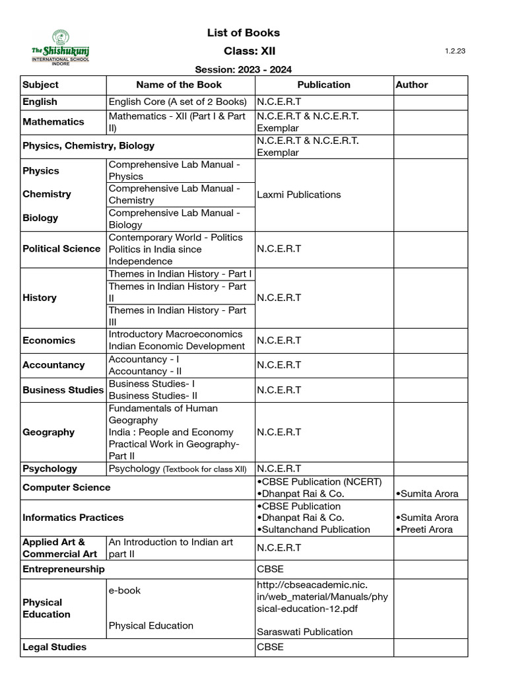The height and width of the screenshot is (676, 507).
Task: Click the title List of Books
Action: tap(244, 32)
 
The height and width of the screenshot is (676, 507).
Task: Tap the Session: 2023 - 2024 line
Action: tap(243, 69)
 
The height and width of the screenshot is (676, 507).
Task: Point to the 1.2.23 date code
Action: tap(456, 51)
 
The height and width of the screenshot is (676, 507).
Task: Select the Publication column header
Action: tap(323, 84)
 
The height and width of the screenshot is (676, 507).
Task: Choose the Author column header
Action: tap(412, 84)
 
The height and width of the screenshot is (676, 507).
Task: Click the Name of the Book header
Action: tap(179, 84)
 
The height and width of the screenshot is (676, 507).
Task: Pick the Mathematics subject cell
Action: tap(53, 121)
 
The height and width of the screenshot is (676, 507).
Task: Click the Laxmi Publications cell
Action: tap(299, 195)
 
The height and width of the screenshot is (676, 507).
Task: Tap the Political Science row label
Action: tap(61, 249)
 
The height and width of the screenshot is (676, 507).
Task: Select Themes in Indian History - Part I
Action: tap(180, 274)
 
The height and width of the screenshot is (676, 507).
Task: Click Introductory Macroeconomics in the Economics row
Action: tap(176, 334)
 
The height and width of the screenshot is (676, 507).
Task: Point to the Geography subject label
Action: tap(49, 432)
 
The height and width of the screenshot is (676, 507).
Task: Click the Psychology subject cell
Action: tap(50, 469)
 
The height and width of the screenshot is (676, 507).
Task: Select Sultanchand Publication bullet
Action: tap(314, 529)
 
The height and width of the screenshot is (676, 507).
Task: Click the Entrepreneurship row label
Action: tap(63, 569)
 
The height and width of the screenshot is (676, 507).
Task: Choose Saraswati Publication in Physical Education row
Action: tap(305, 632)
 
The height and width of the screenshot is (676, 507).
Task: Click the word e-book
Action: tap(125, 590)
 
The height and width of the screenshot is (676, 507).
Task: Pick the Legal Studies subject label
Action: tap(55, 647)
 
